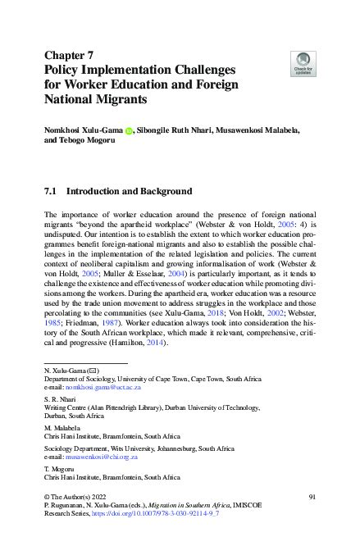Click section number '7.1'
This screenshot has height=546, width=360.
click(x=51, y=192)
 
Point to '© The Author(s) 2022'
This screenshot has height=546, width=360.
click(x=76, y=498)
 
